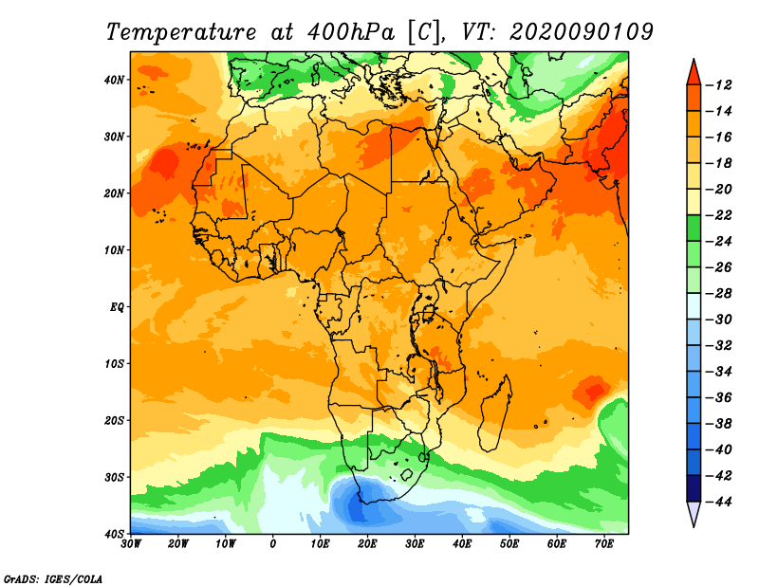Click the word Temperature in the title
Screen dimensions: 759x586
[x=181, y=32]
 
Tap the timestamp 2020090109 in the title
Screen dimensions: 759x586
[x=582, y=32]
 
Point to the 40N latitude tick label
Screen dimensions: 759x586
[x=114, y=80]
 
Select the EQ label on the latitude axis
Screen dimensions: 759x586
[x=117, y=307]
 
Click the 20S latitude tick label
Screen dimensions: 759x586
[x=114, y=420]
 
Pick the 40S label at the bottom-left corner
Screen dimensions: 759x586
[x=114, y=534]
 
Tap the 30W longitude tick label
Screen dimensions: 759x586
[x=131, y=544]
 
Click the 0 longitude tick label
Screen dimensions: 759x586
[x=273, y=544]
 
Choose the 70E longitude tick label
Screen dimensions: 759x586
[x=603, y=544]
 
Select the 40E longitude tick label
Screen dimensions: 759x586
[x=462, y=544]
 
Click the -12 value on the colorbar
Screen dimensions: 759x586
[x=719, y=85]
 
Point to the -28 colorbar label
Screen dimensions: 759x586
[x=719, y=293]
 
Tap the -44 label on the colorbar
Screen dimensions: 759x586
[x=719, y=502]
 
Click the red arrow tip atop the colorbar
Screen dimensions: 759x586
[x=694, y=60]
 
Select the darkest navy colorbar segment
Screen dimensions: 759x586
[x=694, y=488]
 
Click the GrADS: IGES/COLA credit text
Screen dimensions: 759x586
[x=53, y=578]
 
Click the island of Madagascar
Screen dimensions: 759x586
[x=494, y=412]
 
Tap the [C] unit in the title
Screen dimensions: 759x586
[x=424, y=32]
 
